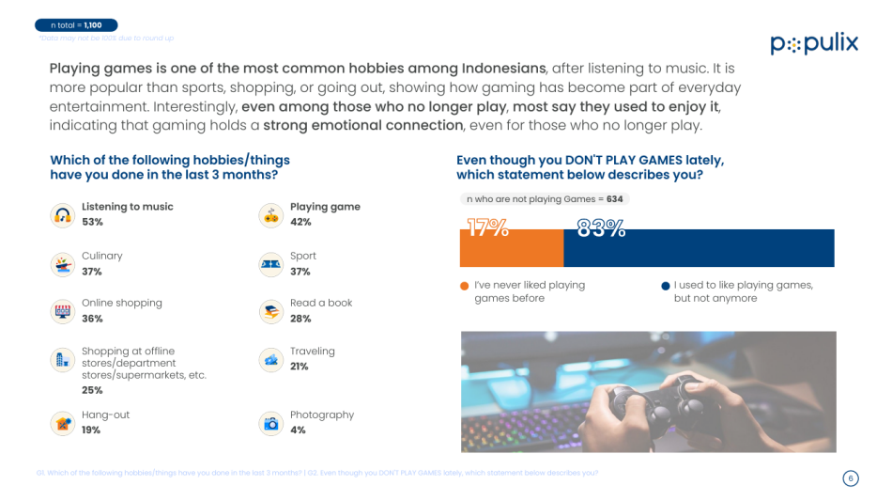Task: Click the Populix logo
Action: coord(813,44)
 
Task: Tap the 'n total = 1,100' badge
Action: coord(76,25)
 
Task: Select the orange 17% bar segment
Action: coord(511,248)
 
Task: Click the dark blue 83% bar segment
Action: coord(699,248)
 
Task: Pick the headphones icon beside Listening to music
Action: coord(63,215)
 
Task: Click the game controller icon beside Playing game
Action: coord(271,215)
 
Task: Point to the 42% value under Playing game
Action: coord(300,223)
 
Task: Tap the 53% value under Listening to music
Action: coord(92,223)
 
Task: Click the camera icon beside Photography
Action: coord(271,423)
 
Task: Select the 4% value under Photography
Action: coord(298,431)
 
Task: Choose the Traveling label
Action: coord(312,352)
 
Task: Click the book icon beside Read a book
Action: coord(271,311)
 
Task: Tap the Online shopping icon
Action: coord(63,311)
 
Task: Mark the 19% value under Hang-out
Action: coord(91,431)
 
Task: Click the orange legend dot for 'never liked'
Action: coord(465,286)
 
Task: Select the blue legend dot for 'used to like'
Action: coord(665,286)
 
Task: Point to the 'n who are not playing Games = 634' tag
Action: coord(544,199)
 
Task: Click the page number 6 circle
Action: coord(850,478)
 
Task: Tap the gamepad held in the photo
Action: coord(657,404)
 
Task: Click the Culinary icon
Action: coord(63,264)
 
